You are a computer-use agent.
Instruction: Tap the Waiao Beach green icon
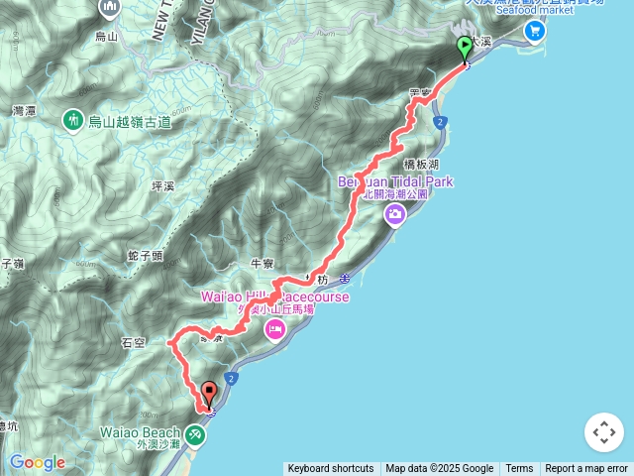tap(196, 433)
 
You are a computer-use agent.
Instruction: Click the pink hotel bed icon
tap(274, 328)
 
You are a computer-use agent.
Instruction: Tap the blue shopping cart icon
tap(535, 31)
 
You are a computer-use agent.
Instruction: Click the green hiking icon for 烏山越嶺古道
tap(72, 121)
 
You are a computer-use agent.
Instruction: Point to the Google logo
tap(37, 462)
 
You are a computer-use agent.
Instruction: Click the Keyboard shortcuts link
tap(330, 469)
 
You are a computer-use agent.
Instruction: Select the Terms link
tap(519, 469)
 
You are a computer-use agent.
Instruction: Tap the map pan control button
tap(603, 432)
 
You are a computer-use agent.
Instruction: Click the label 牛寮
tap(262, 264)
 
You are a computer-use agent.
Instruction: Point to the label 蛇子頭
tap(145, 256)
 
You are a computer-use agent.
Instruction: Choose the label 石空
tap(133, 343)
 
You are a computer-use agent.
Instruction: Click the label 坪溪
tap(161, 185)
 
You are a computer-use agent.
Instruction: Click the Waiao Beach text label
tap(140, 432)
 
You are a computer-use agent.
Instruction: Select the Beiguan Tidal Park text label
tap(395, 181)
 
